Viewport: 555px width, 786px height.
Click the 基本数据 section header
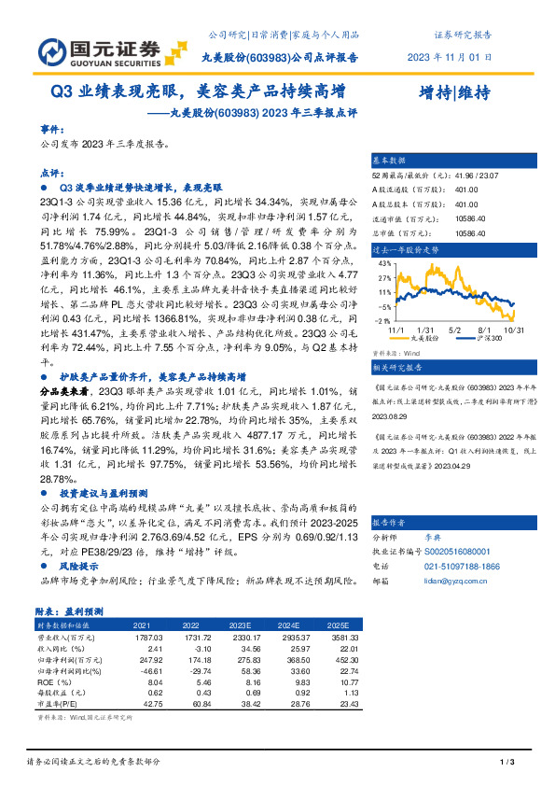pos(389,161)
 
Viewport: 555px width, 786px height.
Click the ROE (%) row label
pos(53,681)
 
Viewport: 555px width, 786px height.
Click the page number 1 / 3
pos(507,764)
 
